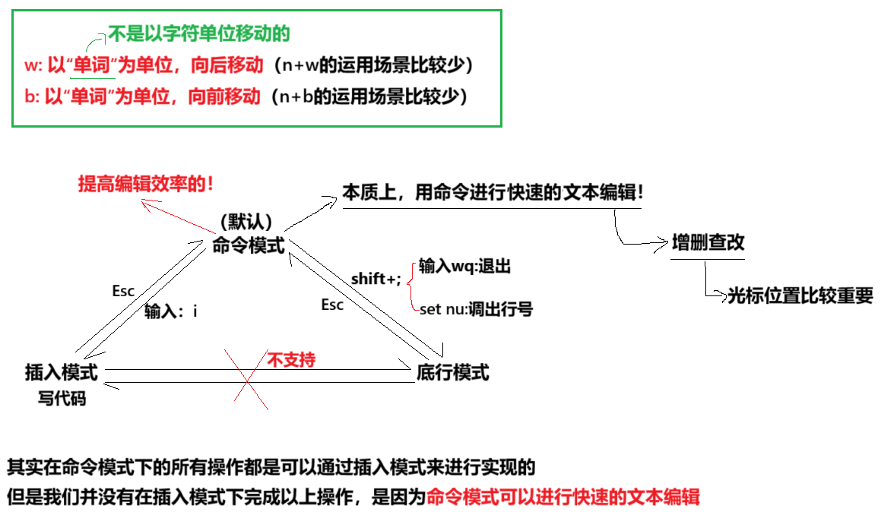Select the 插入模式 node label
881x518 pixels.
pos(62,372)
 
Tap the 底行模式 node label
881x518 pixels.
pos(452,372)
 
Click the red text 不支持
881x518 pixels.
pos(290,359)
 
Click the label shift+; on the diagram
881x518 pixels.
pos(376,279)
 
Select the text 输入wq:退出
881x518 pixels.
pos(464,267)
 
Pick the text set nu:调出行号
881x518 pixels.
pos(476,309)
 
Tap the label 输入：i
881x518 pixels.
pos(171,311)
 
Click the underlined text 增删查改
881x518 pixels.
pos(708,242)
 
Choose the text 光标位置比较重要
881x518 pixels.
pos(800,295)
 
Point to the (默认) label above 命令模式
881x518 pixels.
pos(246,223)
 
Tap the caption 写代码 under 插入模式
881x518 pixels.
pos(62,397)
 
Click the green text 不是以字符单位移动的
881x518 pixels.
pos(199,33)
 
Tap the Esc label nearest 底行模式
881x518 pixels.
pos(332,305)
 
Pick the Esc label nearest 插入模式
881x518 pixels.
pos(123,291)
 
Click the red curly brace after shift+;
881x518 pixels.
pos(411,286)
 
